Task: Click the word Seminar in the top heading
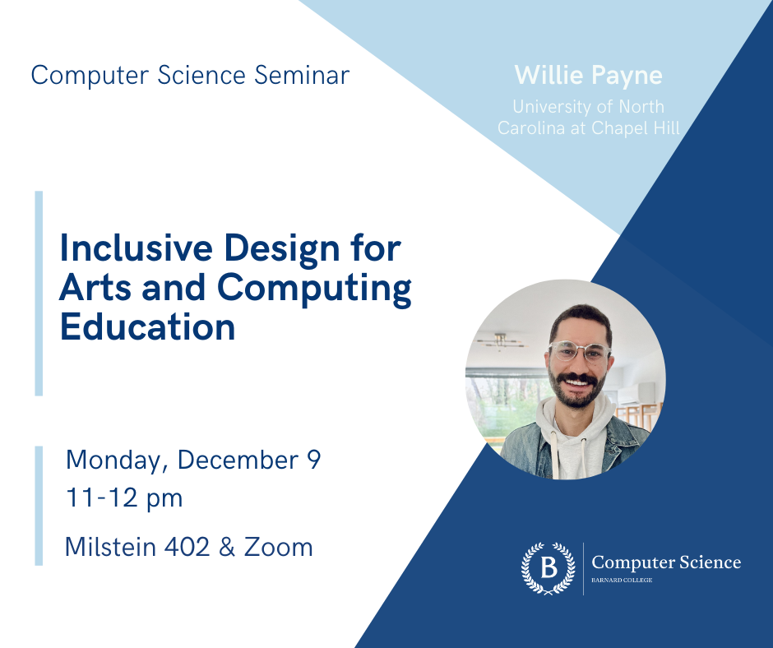click(x=302, y=76)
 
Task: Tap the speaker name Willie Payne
click(x=588, y=76)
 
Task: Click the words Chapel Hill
click(x=636, y=128)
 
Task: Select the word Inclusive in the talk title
click(x=136, y=248)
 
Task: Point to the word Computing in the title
click(x=314, y=289)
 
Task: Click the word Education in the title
click(x=148, y=327)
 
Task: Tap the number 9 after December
click(x=314, y=460)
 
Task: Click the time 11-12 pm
click(x=124, y=498)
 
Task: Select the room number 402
click(x=187, y=547)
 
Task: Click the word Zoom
click(x=279, y=547)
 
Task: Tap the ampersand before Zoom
click(x=227, y=547)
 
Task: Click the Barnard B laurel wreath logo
click(x=549, y=568)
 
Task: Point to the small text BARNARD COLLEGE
click(x=622, y=580)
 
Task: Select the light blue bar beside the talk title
click(x=39, y=294)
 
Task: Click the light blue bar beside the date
click(x=39, y=506)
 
